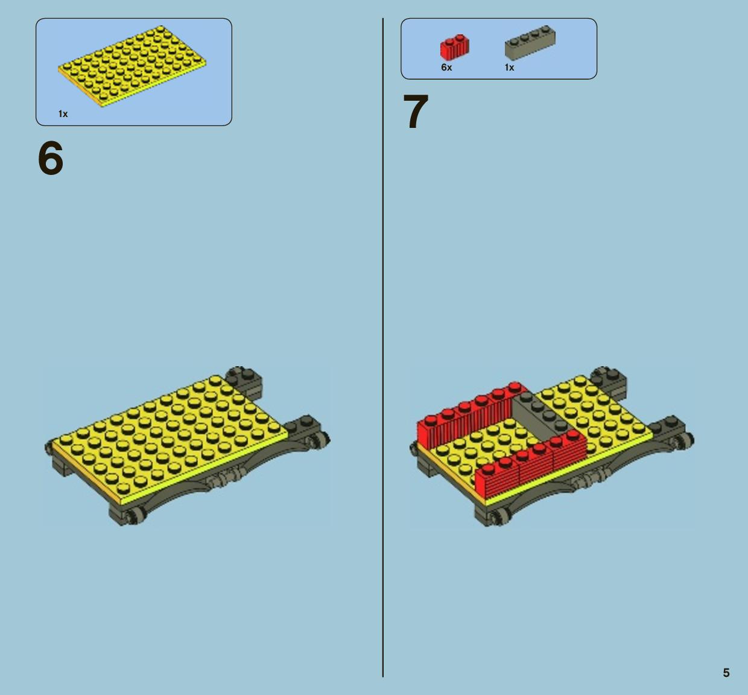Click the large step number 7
[416, 111]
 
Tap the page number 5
[726, 672]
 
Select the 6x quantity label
[446, 68]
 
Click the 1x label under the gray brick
[509, 68]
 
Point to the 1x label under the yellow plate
[63, 114]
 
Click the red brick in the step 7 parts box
[455, 47]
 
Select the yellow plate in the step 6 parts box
[132, 66]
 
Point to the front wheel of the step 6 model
[135, 516]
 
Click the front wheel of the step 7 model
[499, 516]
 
